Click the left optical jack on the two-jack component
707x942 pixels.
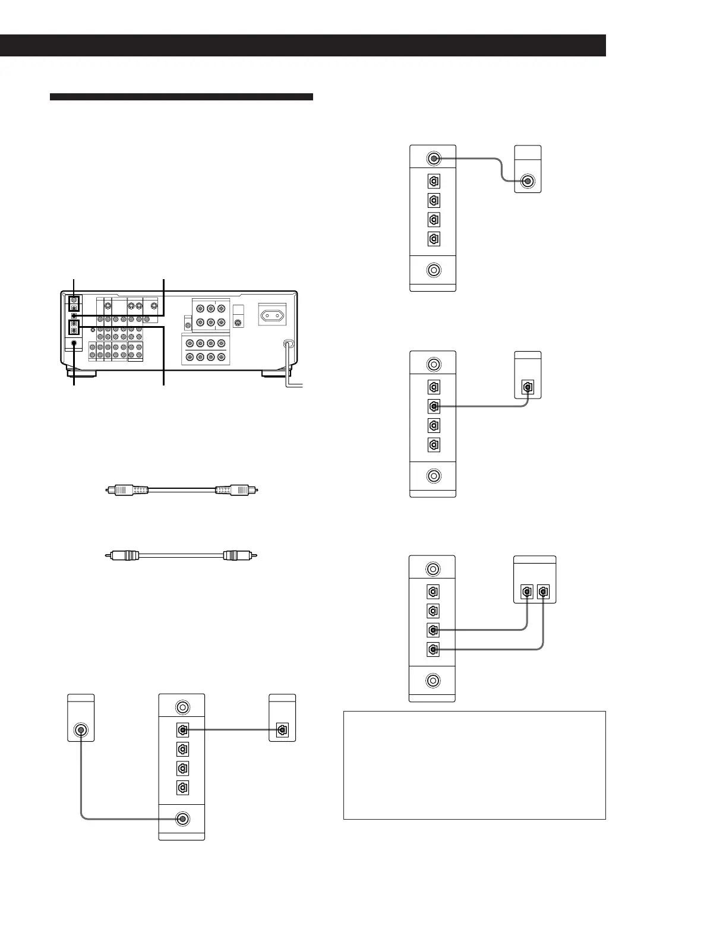(x=526, y=592)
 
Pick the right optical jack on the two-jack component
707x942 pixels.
(x=543, y=592)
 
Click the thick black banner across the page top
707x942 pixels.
(x=302, y=45)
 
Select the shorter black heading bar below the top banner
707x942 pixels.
(x=181, y=97)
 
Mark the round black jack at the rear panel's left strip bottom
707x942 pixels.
(x=73, y=343)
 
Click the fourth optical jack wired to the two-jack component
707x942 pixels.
(x=433, y=649)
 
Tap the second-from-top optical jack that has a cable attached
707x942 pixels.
(x=434, y=406)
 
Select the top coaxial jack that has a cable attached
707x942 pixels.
(x=434, y=159)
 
